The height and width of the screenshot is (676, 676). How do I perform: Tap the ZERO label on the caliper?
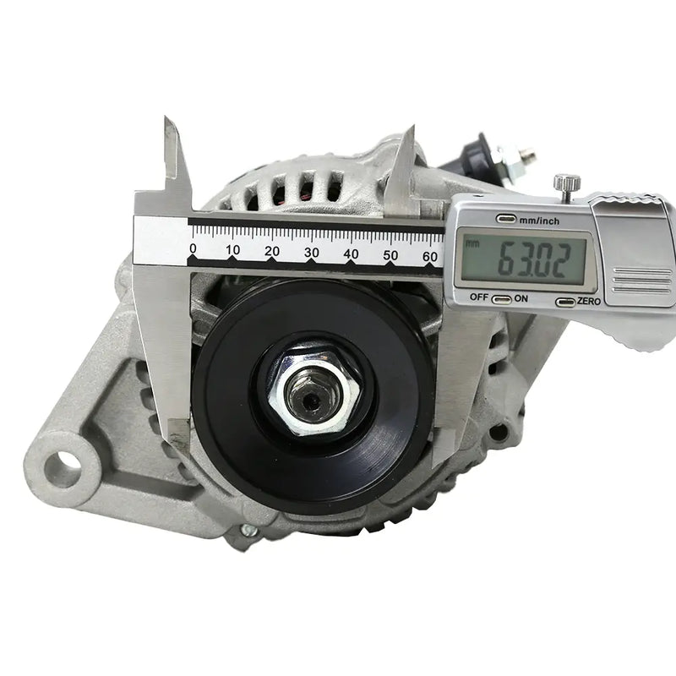click(589, 301)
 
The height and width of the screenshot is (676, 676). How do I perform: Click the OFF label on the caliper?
click(480, 297)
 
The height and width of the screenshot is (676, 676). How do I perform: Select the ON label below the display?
click(521, 297)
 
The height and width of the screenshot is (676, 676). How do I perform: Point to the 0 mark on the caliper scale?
click(193, 250)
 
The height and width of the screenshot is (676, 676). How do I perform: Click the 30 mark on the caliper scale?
click(311, 252)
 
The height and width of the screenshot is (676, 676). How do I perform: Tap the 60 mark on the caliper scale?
click(429, 255)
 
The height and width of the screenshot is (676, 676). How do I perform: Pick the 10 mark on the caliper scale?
click(232, 250)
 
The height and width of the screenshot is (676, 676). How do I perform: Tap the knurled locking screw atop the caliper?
click(566, 183)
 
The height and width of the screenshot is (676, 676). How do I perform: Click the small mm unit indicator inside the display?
click(472, 243)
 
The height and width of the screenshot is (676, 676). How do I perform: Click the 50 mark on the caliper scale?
click(390, 254)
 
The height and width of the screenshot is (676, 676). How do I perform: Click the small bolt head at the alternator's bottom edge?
click(247, 530)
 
